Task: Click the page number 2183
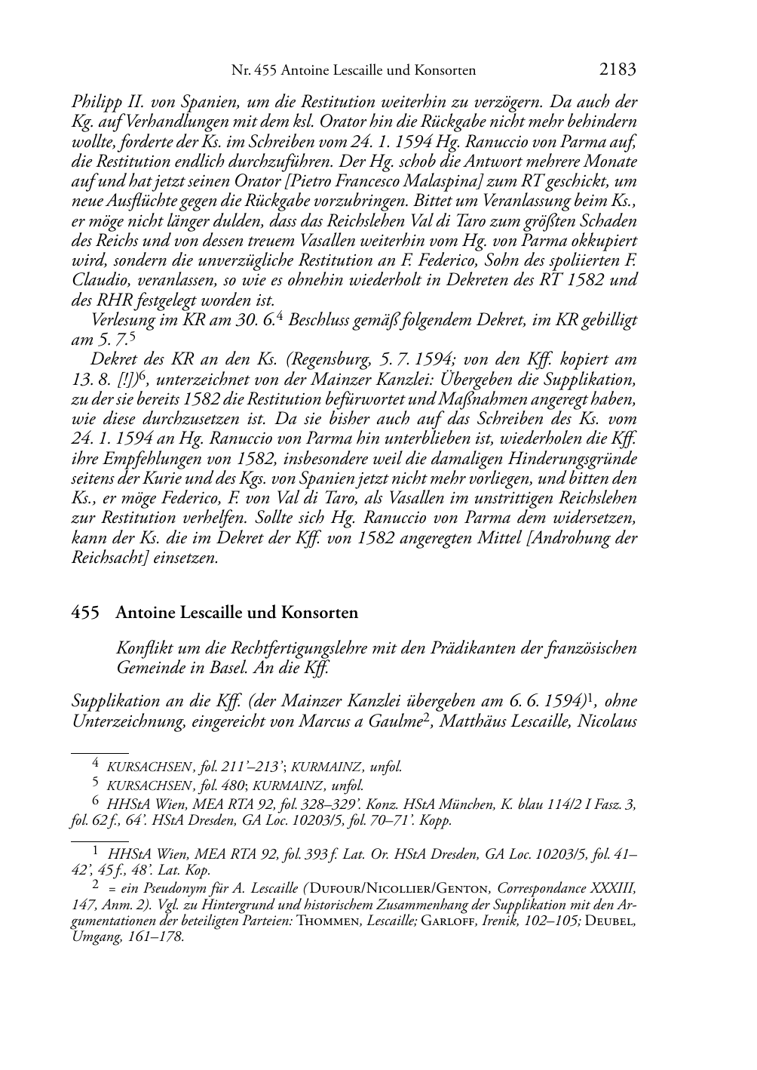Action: pos(617,69)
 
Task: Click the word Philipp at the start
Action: pos(93,101)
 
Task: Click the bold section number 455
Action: pos(85,612)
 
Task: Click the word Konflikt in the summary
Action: pos(143,647)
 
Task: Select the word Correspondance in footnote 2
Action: pos(547,886)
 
